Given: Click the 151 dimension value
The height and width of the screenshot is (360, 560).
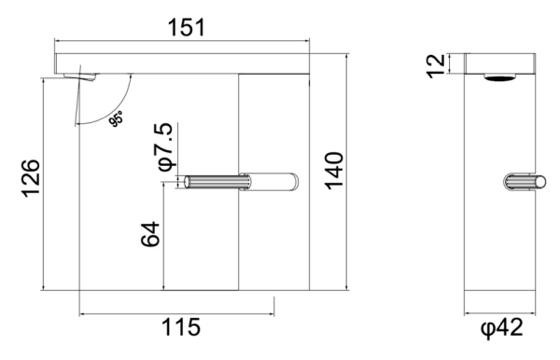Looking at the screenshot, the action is click(x=187, y=28).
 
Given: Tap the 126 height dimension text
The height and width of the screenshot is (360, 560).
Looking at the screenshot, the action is click(x=31, y=178).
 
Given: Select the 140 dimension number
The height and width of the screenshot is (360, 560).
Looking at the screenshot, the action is click(x=333, y=171).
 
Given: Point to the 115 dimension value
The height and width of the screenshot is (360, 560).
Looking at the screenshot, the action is click(x=181, y=327).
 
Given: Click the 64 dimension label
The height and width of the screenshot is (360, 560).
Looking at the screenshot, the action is click(x=150, y=234).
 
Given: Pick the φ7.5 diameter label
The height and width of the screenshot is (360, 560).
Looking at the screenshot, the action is click(x=165, y=147).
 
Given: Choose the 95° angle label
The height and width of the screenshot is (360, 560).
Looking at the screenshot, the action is click(x=116, y=118).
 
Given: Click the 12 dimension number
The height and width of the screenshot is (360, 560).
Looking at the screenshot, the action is click(x=436, y=66).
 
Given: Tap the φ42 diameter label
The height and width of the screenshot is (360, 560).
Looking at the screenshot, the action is click(x=502, y=327).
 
